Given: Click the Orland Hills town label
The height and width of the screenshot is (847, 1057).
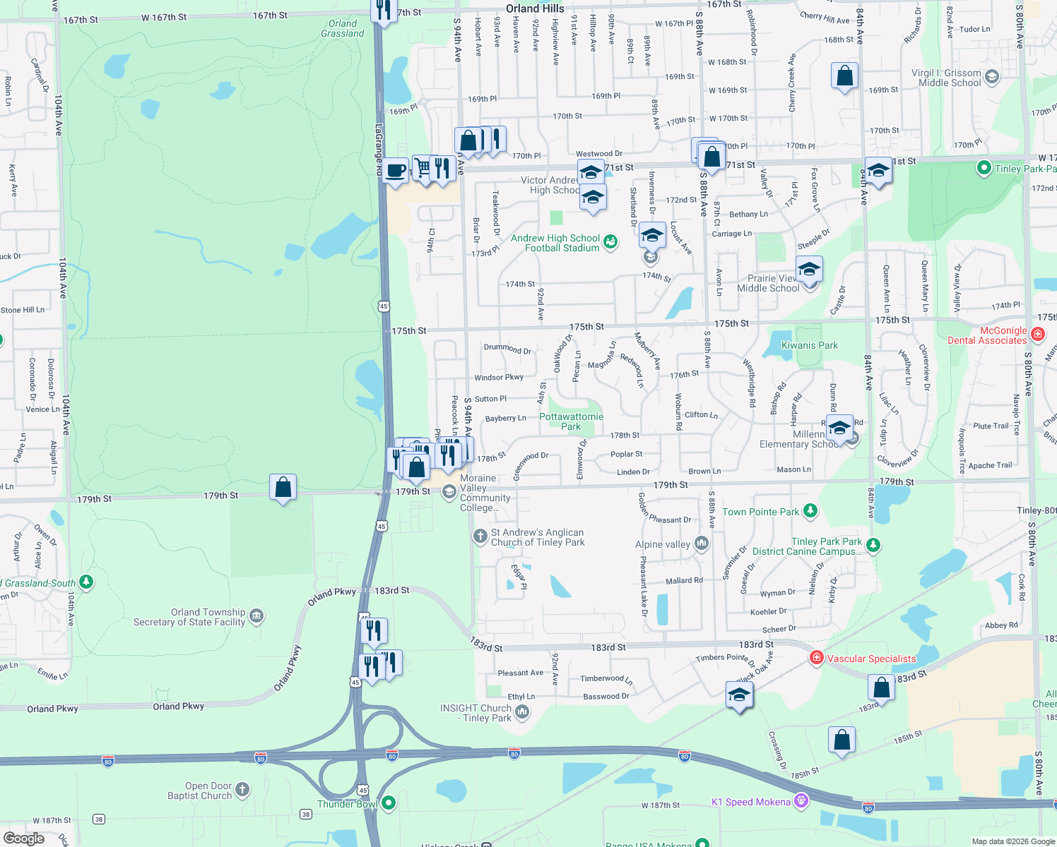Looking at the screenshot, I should (535, 8).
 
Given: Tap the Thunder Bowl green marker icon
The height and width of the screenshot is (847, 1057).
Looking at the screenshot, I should (389, 803).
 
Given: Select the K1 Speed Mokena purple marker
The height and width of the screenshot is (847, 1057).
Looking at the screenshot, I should (801, 801).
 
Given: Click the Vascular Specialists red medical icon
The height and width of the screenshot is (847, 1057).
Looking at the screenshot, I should (817, 658).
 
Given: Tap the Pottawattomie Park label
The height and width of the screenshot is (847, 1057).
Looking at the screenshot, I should (571, 421).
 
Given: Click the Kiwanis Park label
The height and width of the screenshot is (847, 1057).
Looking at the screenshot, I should (809, 345).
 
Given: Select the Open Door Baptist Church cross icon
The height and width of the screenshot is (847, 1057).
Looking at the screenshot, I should (242, 789).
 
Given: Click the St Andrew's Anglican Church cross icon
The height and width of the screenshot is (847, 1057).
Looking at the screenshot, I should (480, 536).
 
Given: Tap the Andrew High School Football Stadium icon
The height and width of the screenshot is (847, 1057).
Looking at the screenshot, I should (610, 242).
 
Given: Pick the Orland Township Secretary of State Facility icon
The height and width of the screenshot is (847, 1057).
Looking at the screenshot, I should (256, 616).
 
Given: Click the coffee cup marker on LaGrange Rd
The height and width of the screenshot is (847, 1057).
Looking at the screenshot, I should (396, 170).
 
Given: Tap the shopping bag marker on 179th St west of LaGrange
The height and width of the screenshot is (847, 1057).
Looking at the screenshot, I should (283, 487).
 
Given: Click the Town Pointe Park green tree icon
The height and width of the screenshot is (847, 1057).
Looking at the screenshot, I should (810, 510).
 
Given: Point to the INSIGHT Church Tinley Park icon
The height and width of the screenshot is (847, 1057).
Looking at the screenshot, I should (522, 712).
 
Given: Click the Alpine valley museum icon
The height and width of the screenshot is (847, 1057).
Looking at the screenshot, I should (702, 543).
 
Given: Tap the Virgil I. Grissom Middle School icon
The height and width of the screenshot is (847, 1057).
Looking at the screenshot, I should (992, 77).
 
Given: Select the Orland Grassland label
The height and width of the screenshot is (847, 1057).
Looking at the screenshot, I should (343, 28).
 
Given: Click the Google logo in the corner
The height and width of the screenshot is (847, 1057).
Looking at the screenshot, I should (23, 838).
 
